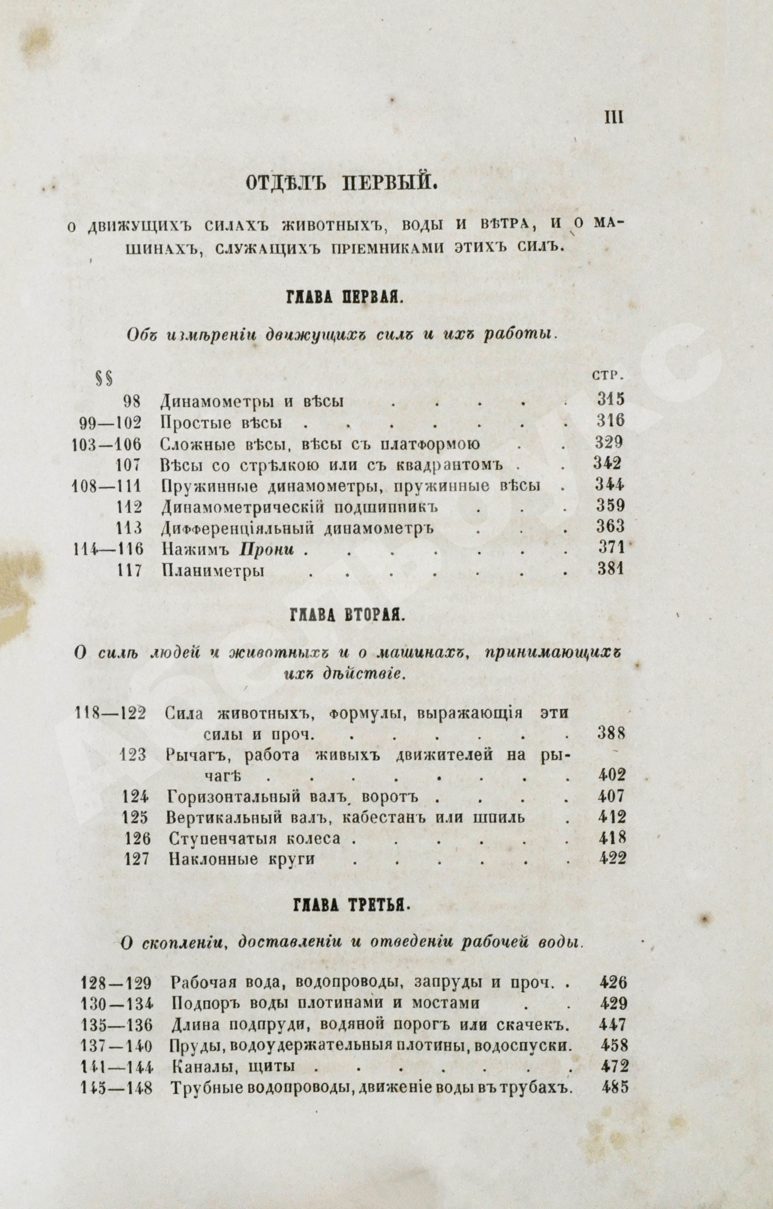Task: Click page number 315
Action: (610, 400)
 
